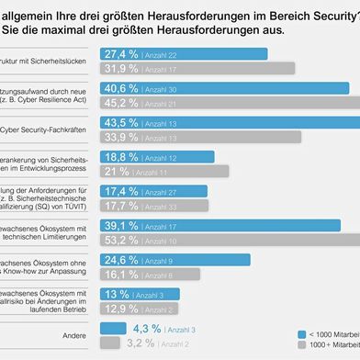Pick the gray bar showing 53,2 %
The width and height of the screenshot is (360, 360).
[248, 240]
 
